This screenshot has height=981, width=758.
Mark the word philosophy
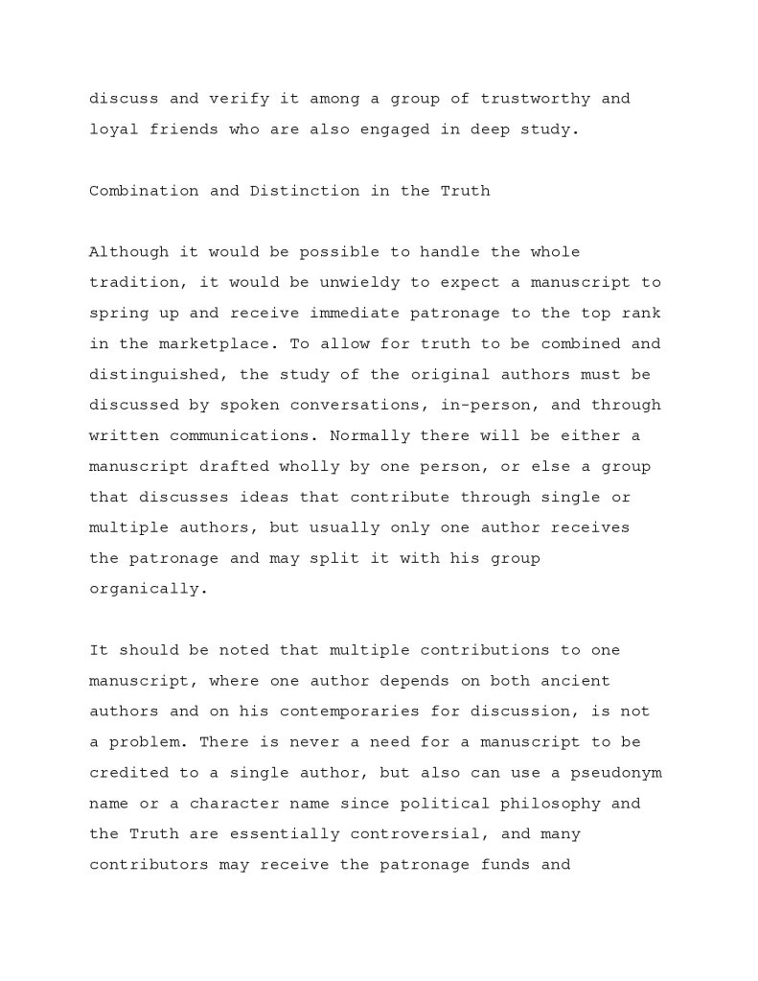pos(556,804)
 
